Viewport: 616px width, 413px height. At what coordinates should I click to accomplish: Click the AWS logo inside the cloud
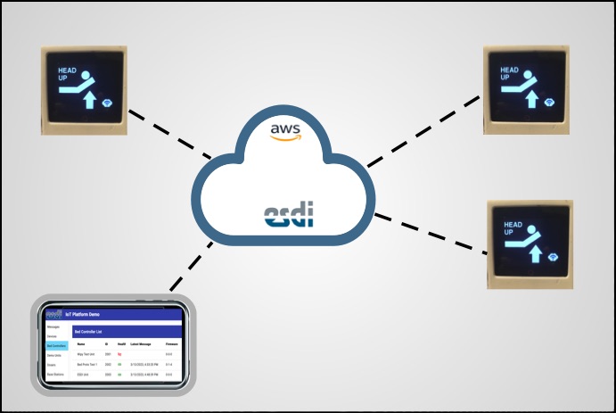pos(285,132)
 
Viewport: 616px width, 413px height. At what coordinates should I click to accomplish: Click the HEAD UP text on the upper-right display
pos(509,73)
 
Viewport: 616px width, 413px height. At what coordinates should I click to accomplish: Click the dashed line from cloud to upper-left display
pos(169,135)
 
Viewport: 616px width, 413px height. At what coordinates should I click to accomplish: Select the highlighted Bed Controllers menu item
pos(56,346)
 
